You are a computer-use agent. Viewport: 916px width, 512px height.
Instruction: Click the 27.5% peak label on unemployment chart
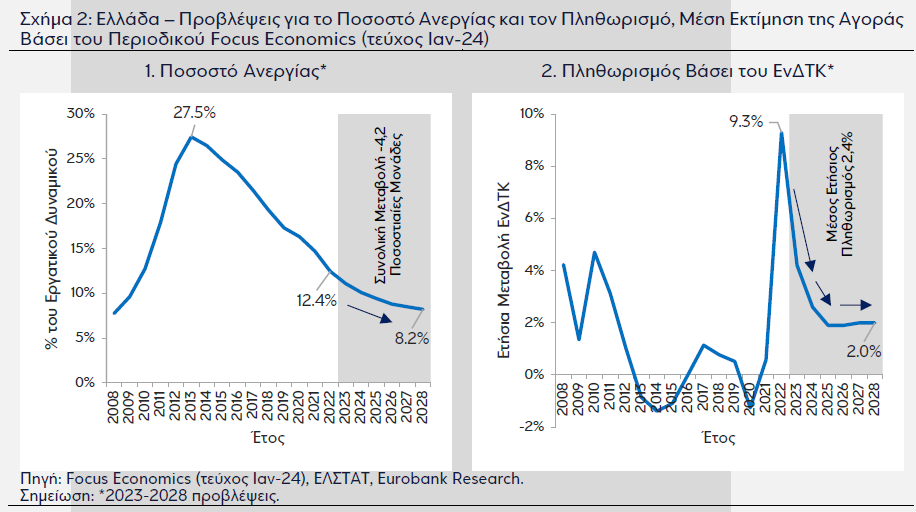(x=194, y=111)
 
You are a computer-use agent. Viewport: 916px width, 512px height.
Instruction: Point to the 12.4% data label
(x=315, y=300)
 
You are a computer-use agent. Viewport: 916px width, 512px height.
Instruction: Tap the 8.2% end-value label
(x=411, y=338)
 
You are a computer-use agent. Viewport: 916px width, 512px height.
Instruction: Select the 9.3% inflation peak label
(x=746, y=121)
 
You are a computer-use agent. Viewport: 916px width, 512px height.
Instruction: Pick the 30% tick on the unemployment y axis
(x=80, y=114)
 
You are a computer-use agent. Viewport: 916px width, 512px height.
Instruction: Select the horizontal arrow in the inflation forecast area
(x=856, y=304)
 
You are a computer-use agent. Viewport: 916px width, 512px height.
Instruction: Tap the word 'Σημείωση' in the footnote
(x=57, y=496)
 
